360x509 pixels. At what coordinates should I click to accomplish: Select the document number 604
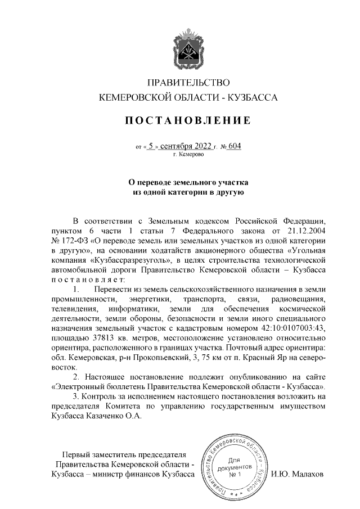point(234,146)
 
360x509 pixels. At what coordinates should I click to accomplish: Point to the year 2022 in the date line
point(201,146)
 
